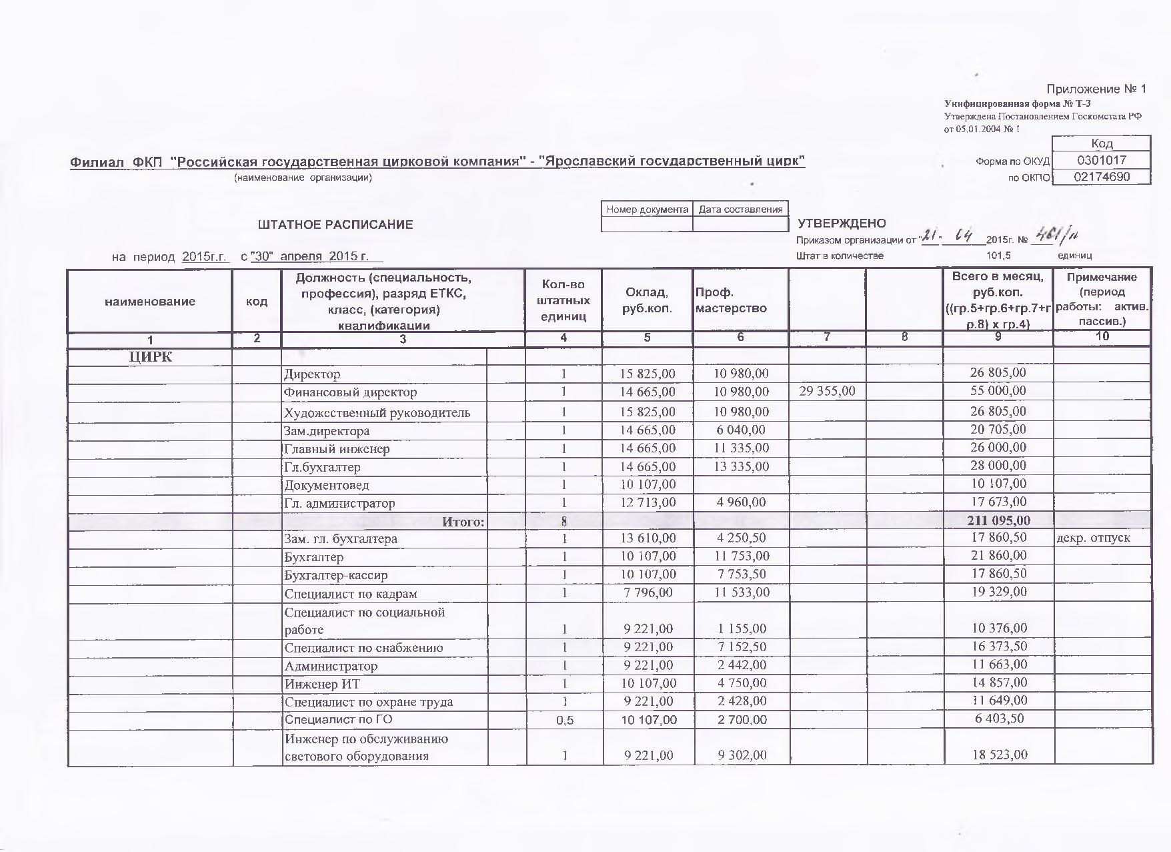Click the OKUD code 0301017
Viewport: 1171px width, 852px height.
click(x=1101, y=160)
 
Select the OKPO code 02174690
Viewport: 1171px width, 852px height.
click(x=1101, y=177)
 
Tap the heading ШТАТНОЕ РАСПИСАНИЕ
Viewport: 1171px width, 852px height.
click(x=335, y=225)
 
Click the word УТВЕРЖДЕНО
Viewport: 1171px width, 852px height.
click(x=842, y=224)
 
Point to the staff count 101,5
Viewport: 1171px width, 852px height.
click(x=998, y=256)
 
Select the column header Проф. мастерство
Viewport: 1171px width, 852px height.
click(x=731, y=300)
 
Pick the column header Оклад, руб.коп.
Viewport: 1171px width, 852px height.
click(x=647, y=300)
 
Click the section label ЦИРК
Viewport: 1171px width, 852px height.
click(x=150, y=357)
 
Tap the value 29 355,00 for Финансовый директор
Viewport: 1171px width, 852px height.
click(x=827, y=391)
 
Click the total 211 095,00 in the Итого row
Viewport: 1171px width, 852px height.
click(x=998, y=520)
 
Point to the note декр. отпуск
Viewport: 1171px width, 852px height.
click(x=1094, y=538)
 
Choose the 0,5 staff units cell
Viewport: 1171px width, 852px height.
click(x=563, y=720)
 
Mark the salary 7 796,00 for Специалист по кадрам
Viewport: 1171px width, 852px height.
click(x=647, y=592)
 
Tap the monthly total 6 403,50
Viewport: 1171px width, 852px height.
click(x=998, y=719)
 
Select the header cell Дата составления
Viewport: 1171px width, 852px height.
click(x=740, y=209)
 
